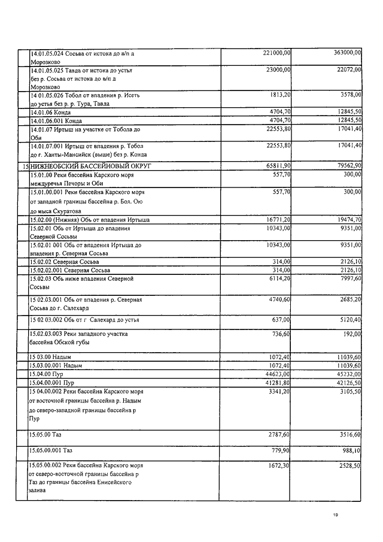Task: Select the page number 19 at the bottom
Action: pyautogui.click(x=336, y=514)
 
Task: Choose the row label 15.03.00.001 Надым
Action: pyautogui.click(x=56, y=365)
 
